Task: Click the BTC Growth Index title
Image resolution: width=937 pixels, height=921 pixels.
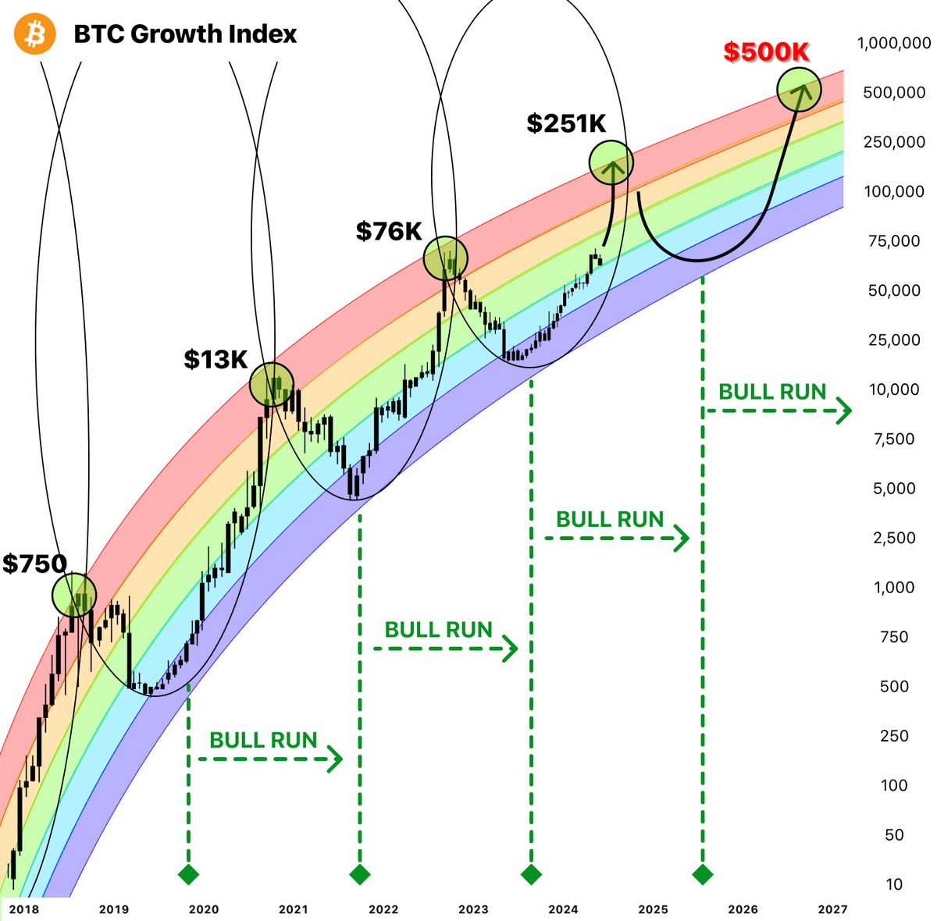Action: (x=185, y=34)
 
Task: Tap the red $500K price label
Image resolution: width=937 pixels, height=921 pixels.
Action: (x=766, y=52)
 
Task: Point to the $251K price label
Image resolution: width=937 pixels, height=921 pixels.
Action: (x=566, y=123)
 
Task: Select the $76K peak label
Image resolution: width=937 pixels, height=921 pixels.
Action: (x=389, y=231)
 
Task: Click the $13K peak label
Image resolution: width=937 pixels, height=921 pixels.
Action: (x=216, y=359)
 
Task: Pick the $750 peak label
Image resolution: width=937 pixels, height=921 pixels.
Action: (x=34, y=564)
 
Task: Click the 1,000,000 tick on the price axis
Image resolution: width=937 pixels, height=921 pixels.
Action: (x=893, y=44)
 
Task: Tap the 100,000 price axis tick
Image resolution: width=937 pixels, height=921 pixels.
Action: (x=893, y=191)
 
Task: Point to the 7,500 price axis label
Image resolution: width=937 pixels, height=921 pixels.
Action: (x=893, y=439)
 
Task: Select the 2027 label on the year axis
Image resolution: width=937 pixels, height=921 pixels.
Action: (x=832, y=909)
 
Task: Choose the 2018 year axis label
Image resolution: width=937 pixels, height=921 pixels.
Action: (x=24, y=909)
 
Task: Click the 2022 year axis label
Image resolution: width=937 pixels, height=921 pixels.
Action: (x=383, y=909)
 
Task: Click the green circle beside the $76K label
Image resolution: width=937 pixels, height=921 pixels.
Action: (x=446, y=258)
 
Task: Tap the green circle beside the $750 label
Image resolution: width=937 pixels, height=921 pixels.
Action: (x=74, y=595)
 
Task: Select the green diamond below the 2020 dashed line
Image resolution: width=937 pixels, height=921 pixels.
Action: (x=188, y=874)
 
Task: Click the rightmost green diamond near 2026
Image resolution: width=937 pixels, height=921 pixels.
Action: (x=703, y=874)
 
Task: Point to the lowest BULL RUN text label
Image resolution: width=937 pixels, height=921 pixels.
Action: (x=263, y=740)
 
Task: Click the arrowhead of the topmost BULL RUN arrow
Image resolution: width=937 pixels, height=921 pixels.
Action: (x=843, y=411)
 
